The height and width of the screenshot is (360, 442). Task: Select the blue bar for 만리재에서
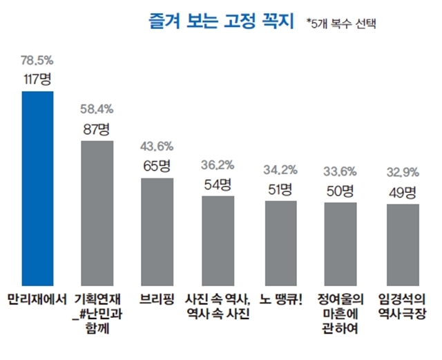(x=37, y=188)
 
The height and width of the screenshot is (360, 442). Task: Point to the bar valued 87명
(x=97, y=213)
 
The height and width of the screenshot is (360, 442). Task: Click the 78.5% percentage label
(x=37, y=61)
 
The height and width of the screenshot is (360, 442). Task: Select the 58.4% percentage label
(x=97, y=109)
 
